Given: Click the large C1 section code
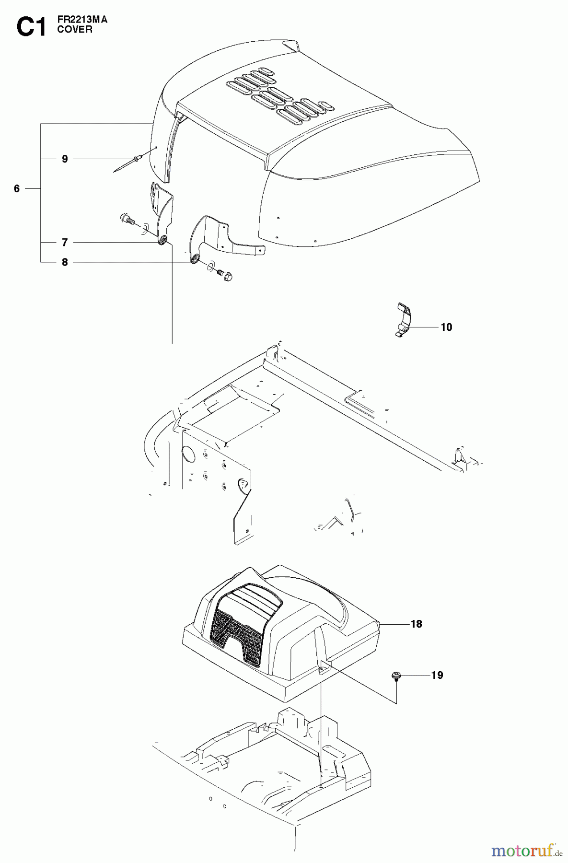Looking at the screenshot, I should click(31, 27).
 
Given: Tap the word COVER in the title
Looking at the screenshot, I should click(74, 29).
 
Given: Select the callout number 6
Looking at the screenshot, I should click(17, 189).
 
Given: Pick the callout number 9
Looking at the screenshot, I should click(65, 159).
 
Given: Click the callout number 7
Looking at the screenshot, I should click(65, 243).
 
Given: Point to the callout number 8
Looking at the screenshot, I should click(65, 262).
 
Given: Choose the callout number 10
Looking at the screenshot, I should click(446, 327).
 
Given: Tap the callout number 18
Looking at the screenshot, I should click(416, 624).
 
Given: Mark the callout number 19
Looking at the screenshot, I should click(437, 676).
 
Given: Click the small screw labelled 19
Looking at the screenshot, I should click(396, 676).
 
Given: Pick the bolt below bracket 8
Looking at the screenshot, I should click(225, 275).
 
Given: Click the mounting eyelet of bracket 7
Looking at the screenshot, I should click(163, 239).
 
